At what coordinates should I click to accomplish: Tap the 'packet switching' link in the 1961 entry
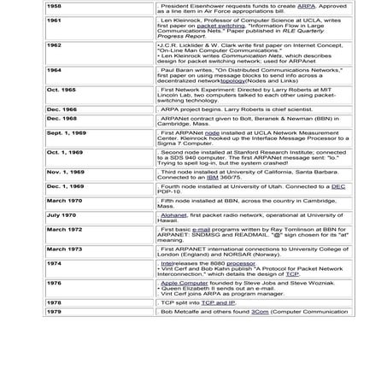click(x=221, y=26)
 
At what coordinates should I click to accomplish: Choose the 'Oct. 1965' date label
click(x=61, y=90)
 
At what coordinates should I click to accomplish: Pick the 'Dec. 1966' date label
click(x=61, y=109)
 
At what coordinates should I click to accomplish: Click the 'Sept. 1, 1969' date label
click(x=66, y=134)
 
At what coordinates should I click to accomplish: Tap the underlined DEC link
click(x=337, y=185)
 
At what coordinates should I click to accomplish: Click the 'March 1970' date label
click(x=64, y=200)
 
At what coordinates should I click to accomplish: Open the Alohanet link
click(x=173, y=215)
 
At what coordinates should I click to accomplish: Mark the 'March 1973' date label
click(x=64, y=249)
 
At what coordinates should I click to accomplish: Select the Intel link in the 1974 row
click(x=167, y=263)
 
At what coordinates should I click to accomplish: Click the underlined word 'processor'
click(x=238, y=263)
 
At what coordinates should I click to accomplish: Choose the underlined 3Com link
click(x=260, y=312)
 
